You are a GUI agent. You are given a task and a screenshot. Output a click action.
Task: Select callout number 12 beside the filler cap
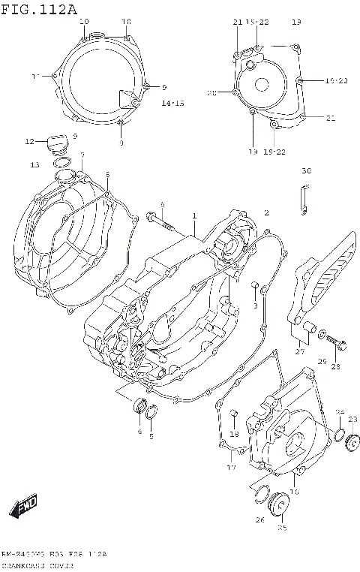click(x=30, y=141)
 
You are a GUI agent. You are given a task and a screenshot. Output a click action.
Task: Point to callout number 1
click(x=193, y=215)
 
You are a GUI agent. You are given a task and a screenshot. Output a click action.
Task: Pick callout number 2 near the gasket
click(x=265, y=213)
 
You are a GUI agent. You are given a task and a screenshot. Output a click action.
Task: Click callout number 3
click(x=255, y=306)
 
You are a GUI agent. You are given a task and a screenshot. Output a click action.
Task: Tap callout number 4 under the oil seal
click(x=139, y=432)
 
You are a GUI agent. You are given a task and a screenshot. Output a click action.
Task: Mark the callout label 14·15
click(x=173, y=103)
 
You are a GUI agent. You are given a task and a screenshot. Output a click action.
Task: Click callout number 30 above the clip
click(x=305, y=171)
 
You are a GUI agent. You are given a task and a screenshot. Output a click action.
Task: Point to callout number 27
click(x=300, y=351)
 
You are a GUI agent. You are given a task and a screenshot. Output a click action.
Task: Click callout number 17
click(x=231, y=468)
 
